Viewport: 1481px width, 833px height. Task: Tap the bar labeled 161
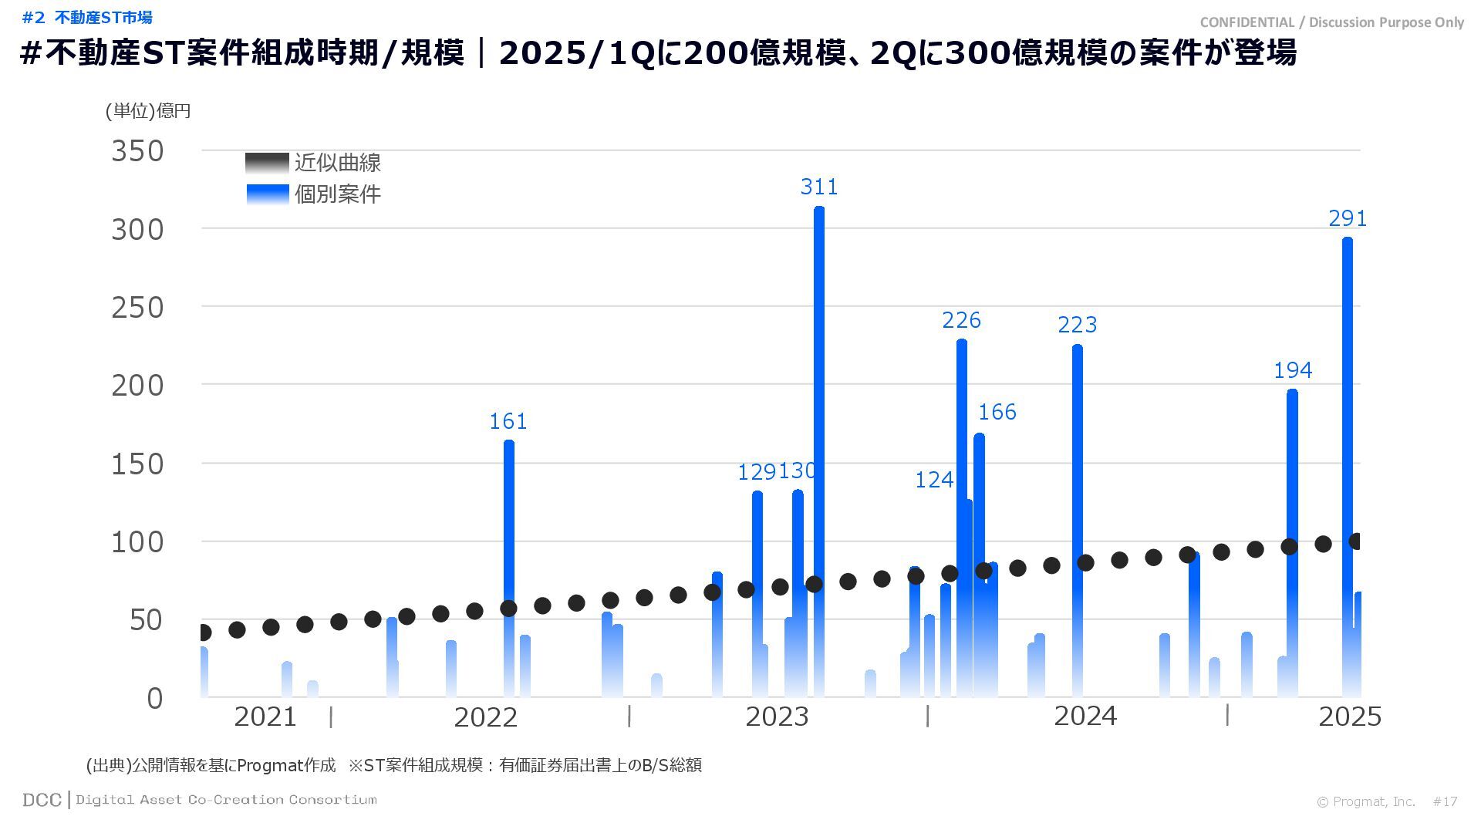pos(508,524)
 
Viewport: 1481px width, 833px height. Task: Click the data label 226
pos(961,320)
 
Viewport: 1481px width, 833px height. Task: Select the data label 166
pos(997,412)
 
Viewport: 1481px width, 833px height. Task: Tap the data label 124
pos(934,480)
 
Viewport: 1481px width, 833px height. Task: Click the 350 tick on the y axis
pos(137,151)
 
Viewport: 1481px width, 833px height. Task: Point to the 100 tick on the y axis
pos(137,542)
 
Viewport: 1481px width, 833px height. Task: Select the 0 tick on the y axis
pos(155,699)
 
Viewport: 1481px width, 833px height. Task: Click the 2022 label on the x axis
pos(485,717)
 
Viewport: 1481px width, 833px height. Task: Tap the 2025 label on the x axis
pos(1349,717)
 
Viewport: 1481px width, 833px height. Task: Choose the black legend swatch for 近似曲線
pos(267,163)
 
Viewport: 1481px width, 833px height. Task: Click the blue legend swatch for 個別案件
pos(267,194)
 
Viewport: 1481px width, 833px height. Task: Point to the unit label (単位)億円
pos(148,111)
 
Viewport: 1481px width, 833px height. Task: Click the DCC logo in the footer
pos(42,800)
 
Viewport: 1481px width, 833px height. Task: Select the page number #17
pos(1445,802)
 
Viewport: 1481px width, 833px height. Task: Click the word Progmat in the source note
pos(269,765)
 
